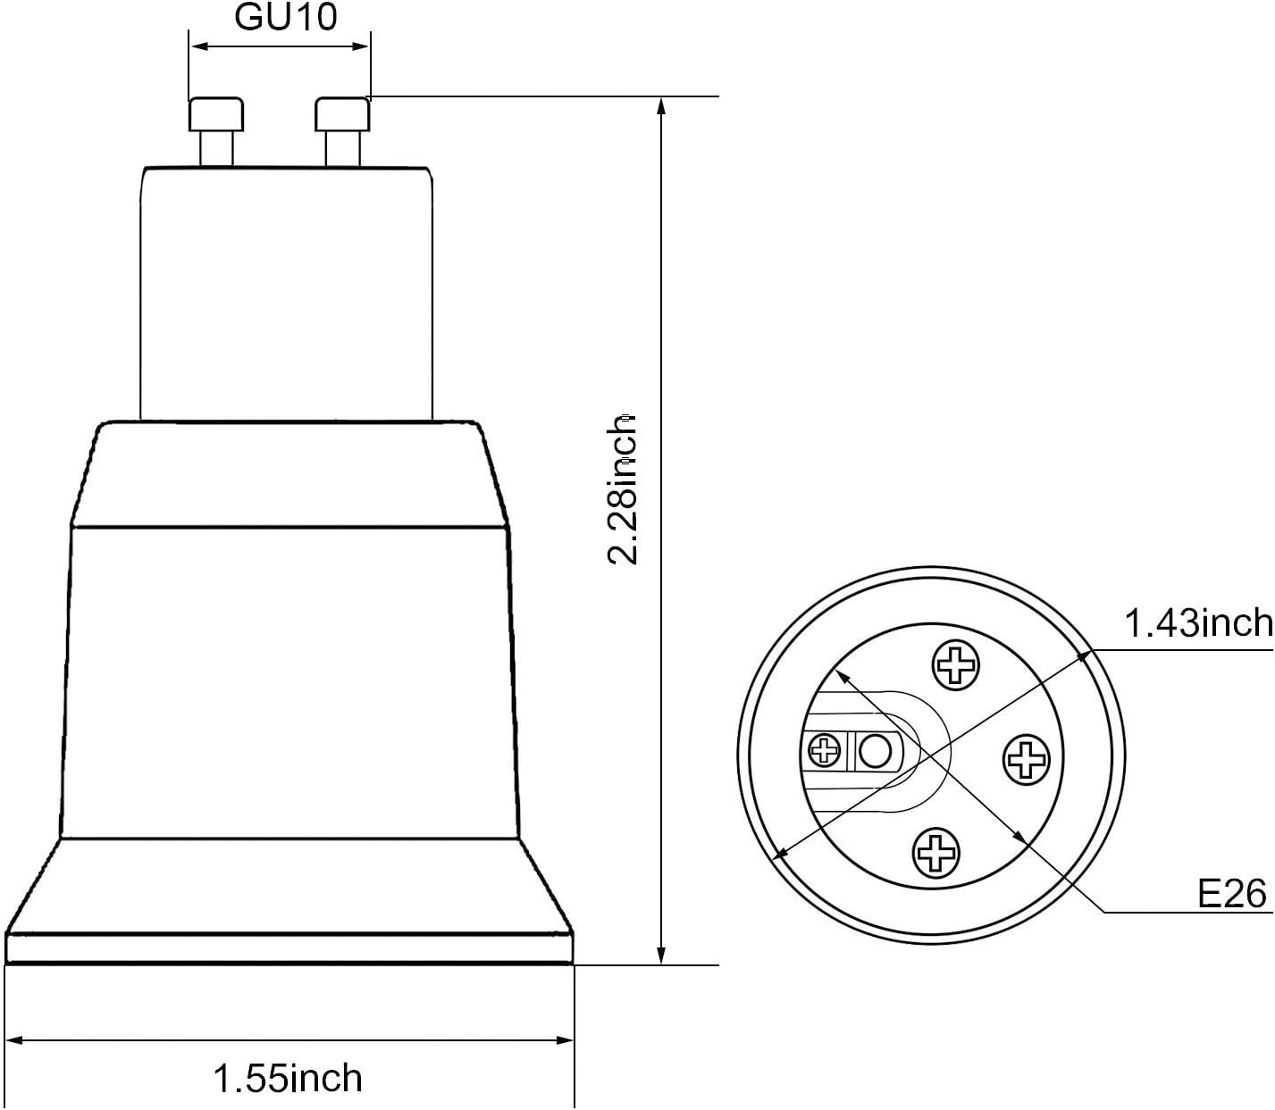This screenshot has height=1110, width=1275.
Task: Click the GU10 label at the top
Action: (x=286, y=17)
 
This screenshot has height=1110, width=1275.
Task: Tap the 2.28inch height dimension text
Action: (x=623, y=489)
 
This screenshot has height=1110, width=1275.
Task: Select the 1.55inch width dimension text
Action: (x=288, y=1078)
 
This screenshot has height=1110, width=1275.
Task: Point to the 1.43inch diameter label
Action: (x=1196, y=622)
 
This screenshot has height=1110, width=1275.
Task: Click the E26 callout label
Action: (x=1232, y=892)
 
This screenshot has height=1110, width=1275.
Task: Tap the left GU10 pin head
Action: (x=216, y=114)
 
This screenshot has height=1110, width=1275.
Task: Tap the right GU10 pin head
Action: (x=343, y=114)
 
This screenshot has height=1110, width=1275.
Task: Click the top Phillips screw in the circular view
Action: (x=955, y=664)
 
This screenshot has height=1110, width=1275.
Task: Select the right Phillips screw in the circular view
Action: (x=1028, y=760)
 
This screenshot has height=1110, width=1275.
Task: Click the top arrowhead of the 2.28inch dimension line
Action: (x=661, y=106)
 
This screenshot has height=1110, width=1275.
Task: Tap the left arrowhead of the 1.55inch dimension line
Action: (x=15, y=1039)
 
